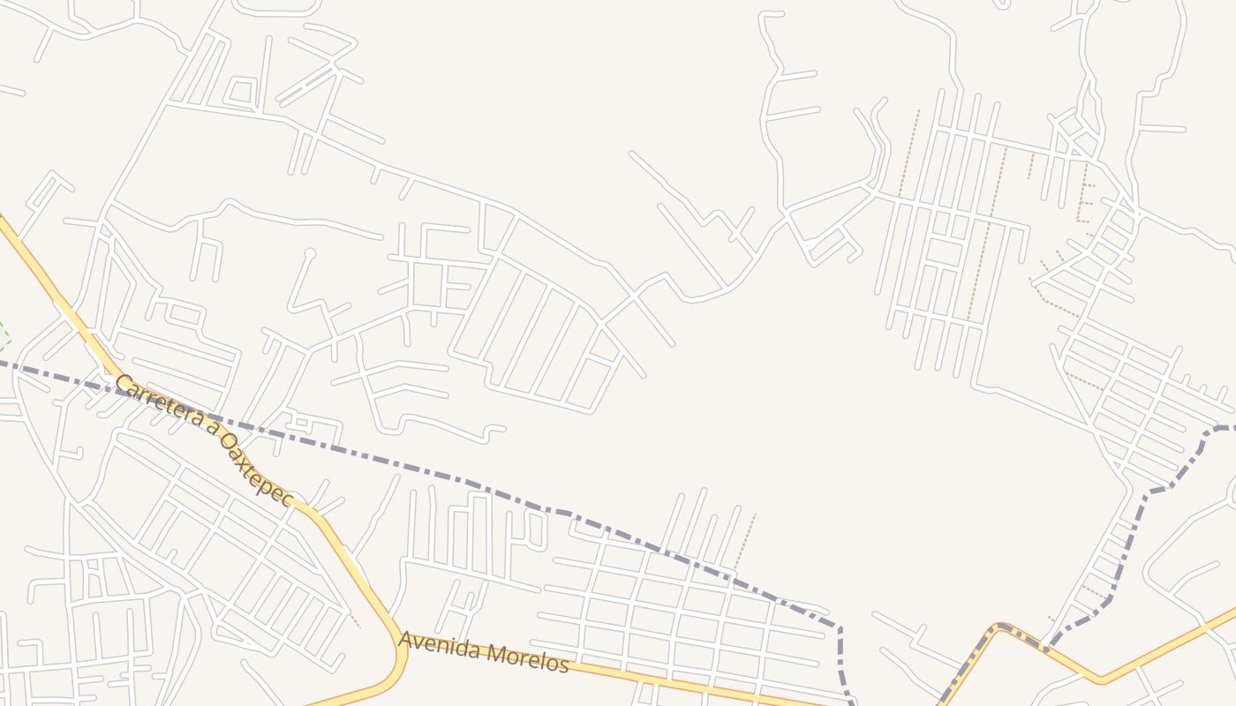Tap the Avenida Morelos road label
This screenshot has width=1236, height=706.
pyautogui.click(x=483, y=652)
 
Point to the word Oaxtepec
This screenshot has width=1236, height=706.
pyautogui.click(x=256, y=469)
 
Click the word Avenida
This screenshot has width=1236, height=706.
pyautogui.click(x=430, y=645)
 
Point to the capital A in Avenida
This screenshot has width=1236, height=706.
pyautogui.click(x=404, y=640)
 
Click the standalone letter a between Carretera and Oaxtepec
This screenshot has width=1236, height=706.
pyautogui.click(x=211, y=427)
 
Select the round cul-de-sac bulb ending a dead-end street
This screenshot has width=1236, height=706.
pyautogui.click(x=310, y=254)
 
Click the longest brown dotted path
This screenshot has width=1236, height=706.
pyautogui.click(x=987, y=234)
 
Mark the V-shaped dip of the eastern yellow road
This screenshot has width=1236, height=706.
pyautogui.click(x=1100, y=679)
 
